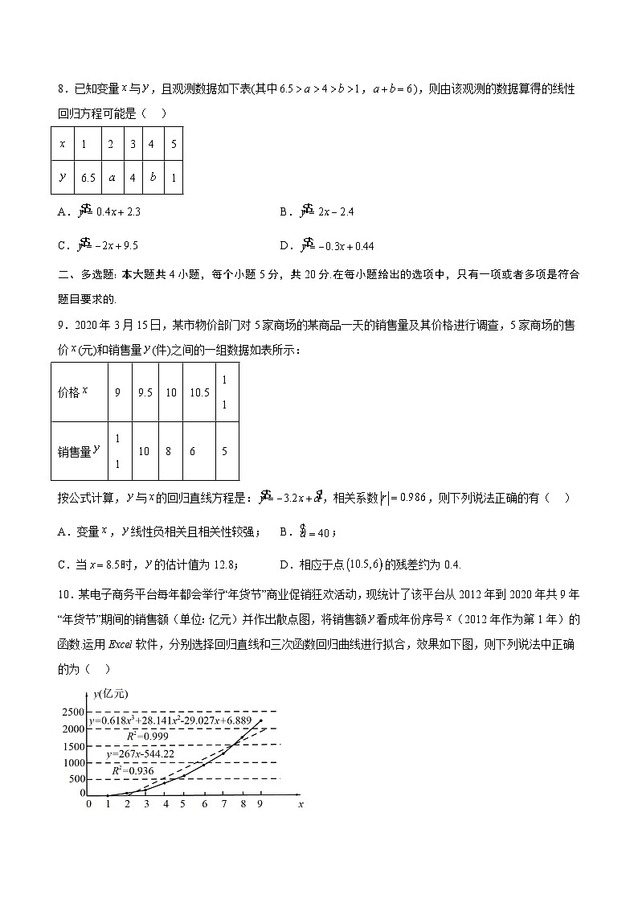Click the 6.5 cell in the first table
tap(88, 178)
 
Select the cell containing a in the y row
tap(112, 178)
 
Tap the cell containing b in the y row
tap(152, 178)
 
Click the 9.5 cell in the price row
tap(145, 392)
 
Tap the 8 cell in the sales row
tap(169, 452)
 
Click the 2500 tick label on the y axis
tap(72, 712)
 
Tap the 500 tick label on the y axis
tap(77, 778)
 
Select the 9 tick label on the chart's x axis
tap(260, 803)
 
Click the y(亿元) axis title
tap(110, 694)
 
